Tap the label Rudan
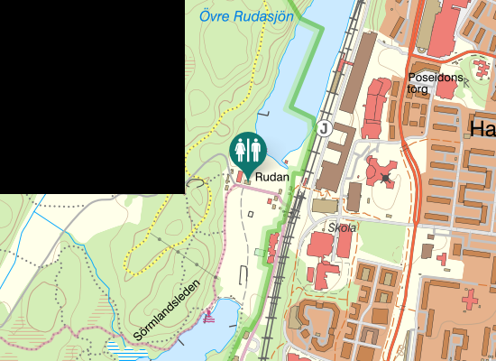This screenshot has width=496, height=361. point(271,177)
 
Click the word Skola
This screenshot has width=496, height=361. point(342,227)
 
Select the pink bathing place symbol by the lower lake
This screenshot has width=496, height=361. point(210,316)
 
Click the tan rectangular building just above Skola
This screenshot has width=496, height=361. point(323,208)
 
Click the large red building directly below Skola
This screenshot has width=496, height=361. point(323,246)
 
